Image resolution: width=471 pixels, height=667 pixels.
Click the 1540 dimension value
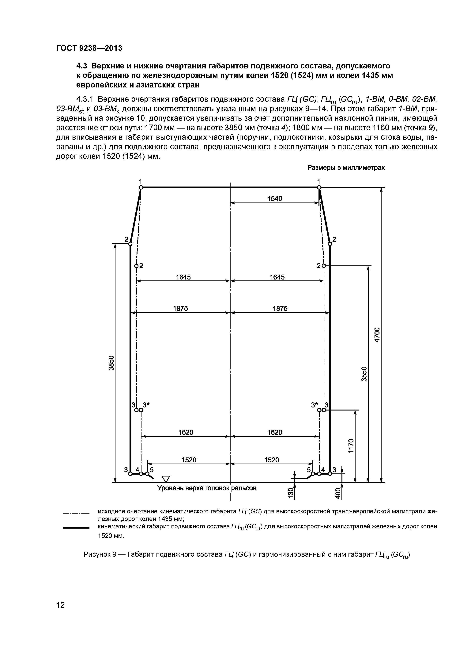pyautogui.click(x=275, y=199)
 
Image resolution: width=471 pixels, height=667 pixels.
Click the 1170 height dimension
pyautogui.click(x=351, y=446)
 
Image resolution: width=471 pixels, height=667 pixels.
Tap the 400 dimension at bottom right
pyautogui.click(x=337, y=493)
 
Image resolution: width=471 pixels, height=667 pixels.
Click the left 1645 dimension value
pyautogui.click(x=183, y=277)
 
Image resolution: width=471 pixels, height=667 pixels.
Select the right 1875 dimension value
pyautogui.click(x=280, y=309)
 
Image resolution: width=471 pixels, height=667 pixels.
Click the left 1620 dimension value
pyautogui.click(x=186, y=432)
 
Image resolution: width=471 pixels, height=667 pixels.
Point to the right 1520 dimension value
pyautogui.click(x=272, y=460)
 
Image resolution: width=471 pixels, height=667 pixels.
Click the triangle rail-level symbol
pyautogui.click(x=166, y=479)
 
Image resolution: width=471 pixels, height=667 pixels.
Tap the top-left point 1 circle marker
pyautogui.click(x=141, y=188)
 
